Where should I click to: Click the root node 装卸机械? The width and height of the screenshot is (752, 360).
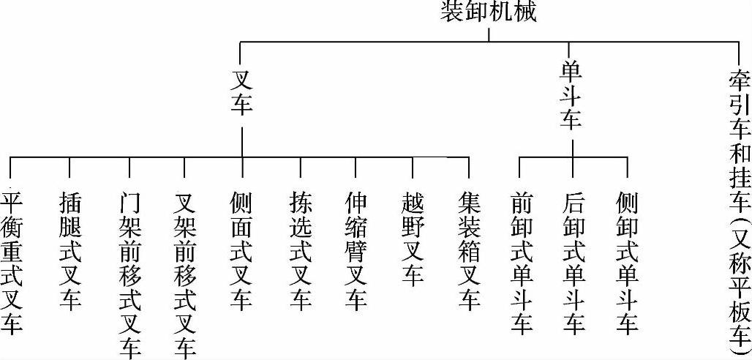point(489,12)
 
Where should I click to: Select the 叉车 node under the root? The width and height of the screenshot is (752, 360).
point(241,92)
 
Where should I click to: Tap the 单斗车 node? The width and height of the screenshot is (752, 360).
point(571,94)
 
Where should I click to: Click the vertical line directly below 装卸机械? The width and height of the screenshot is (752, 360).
point(489,34)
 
